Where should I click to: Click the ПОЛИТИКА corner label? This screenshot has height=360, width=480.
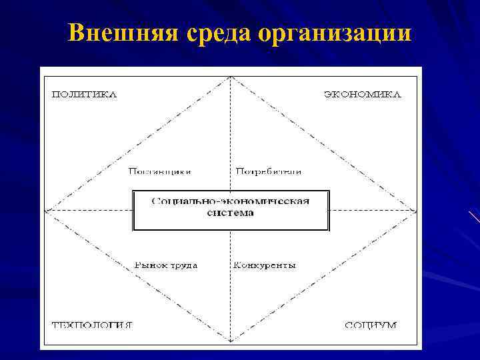click(85, 94)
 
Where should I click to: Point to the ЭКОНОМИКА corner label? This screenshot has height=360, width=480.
click(363, 94)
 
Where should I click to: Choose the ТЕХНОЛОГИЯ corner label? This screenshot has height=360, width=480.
click(92, 325)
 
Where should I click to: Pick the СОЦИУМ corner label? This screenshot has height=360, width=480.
click(371, 325)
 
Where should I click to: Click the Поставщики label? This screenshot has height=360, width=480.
click(160, 171)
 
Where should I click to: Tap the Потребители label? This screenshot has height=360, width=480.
click(268, 171)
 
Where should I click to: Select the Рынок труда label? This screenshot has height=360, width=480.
click(166, 265)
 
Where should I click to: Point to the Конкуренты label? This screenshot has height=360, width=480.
click(264, 265)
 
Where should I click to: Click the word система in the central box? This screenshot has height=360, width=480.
click(230, 213)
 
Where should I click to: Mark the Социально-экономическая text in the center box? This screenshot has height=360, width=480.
click(231, 201)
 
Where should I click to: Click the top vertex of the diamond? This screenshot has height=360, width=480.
click(230, 77)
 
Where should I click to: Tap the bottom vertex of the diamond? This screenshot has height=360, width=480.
click(230, 342)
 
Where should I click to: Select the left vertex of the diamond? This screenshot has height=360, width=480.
click(45, 211)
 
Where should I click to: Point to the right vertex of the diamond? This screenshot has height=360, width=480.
click(416, 211)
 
